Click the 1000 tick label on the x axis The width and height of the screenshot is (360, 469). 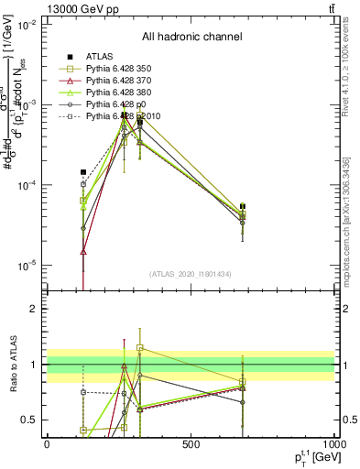(333, 444)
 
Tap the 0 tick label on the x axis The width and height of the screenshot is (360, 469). (47, 444)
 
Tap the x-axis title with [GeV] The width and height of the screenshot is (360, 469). (311, 458)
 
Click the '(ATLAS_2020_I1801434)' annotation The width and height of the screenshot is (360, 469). (191, 274)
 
